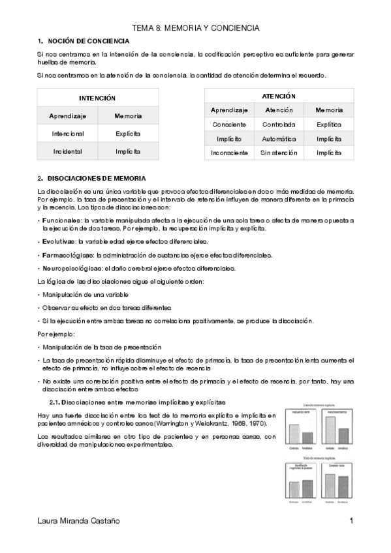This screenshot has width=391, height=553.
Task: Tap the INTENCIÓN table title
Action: click(x=97, y=98)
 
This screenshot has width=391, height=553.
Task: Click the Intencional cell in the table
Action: click(x=67, y=133)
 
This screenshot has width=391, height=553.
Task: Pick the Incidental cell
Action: click(x=67, y=151)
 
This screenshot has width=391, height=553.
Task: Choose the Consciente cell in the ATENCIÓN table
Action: click(x=229, y=124)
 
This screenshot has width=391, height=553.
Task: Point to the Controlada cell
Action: click(x=279, y=124)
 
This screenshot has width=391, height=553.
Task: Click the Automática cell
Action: click(x=279, y=139)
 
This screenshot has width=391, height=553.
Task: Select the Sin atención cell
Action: click(x=279, y=153)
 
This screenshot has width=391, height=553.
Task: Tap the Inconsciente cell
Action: click(x=229, y=153)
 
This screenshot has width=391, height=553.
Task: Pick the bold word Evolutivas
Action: click(x=55, y=241)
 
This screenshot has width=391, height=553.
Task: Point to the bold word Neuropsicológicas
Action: click(x=67, y=269)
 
